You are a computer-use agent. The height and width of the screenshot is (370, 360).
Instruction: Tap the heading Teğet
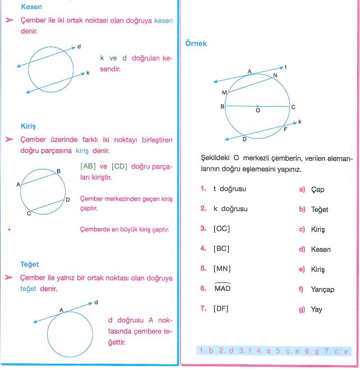click(29, 264)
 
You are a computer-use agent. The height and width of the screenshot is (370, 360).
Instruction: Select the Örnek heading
click(196, 43)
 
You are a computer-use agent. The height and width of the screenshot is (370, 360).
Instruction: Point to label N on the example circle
click(275, 75)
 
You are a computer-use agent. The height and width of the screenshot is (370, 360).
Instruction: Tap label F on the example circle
click(286, 129)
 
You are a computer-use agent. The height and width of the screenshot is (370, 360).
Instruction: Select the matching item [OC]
click(222, 229)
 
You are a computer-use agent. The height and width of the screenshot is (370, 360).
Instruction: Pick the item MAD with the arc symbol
click(223, 288)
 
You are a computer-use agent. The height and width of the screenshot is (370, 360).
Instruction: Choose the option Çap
click(317, 189)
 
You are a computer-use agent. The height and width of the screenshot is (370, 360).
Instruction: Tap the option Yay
click(317, 309)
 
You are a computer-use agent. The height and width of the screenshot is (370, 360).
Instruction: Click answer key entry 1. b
click(207, 351)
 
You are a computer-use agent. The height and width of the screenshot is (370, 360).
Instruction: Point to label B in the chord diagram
click(59, 171)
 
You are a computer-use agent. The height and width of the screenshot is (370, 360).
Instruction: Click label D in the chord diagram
click(68, 199)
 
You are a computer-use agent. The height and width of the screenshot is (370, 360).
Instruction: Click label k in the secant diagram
click(87, 72)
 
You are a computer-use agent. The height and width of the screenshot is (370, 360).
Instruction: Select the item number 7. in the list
click(203, 308)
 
